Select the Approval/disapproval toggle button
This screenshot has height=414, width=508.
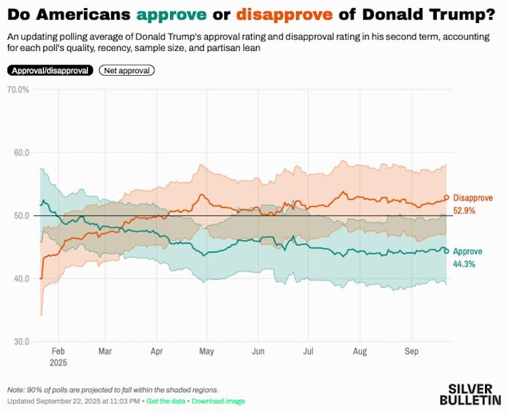point(49,70)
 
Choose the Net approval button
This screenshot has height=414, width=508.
point(127,70)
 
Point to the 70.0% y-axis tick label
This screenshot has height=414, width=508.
point(18,89)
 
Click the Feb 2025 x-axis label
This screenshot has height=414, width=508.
point(58,357)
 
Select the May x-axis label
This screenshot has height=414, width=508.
point(207,352)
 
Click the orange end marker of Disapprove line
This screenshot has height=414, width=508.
point(446,198)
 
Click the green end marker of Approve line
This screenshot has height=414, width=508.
point(446,251)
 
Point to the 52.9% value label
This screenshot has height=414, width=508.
point(465,211)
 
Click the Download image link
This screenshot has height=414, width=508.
point(218,401)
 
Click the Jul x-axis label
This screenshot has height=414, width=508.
point(309,352)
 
